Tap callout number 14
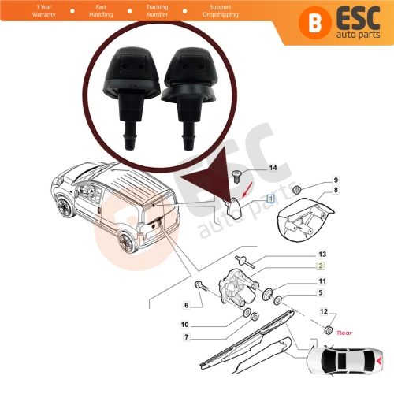273,169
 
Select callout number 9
333,180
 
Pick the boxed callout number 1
270,199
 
